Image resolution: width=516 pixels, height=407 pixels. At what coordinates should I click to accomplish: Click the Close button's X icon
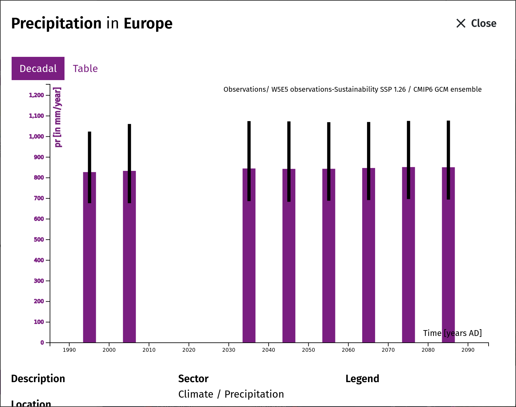461,23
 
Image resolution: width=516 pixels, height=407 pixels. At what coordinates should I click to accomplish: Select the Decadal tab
38,68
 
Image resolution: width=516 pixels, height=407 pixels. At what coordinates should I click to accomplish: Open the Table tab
85,68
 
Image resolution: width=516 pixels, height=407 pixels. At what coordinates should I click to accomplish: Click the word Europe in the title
148,24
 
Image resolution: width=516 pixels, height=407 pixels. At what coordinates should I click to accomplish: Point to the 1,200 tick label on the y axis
36,95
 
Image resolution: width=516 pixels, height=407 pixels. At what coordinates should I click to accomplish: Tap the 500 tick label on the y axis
39,240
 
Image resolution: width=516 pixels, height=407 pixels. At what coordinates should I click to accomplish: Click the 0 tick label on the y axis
42,342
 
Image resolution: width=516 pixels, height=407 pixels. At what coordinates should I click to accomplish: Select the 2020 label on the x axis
189,350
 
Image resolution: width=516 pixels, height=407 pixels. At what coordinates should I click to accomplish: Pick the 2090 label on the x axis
468,350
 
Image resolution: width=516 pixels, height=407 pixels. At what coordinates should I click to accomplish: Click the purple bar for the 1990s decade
89,257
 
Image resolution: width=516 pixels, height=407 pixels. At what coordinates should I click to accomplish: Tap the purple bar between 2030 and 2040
249,256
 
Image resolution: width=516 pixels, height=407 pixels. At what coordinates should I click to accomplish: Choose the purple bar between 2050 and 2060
329,256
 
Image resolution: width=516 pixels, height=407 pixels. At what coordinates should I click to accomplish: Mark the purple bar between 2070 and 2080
408,255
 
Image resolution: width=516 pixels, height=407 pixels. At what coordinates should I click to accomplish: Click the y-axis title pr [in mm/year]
58,117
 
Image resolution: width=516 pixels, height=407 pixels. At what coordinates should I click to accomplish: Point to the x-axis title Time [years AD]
452,333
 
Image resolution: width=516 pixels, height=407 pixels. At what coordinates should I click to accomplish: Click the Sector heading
193,379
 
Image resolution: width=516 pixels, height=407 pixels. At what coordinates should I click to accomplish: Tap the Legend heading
362,379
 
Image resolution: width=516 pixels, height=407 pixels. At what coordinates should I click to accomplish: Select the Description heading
38,379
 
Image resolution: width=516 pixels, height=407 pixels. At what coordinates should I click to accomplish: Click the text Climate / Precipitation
231,394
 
